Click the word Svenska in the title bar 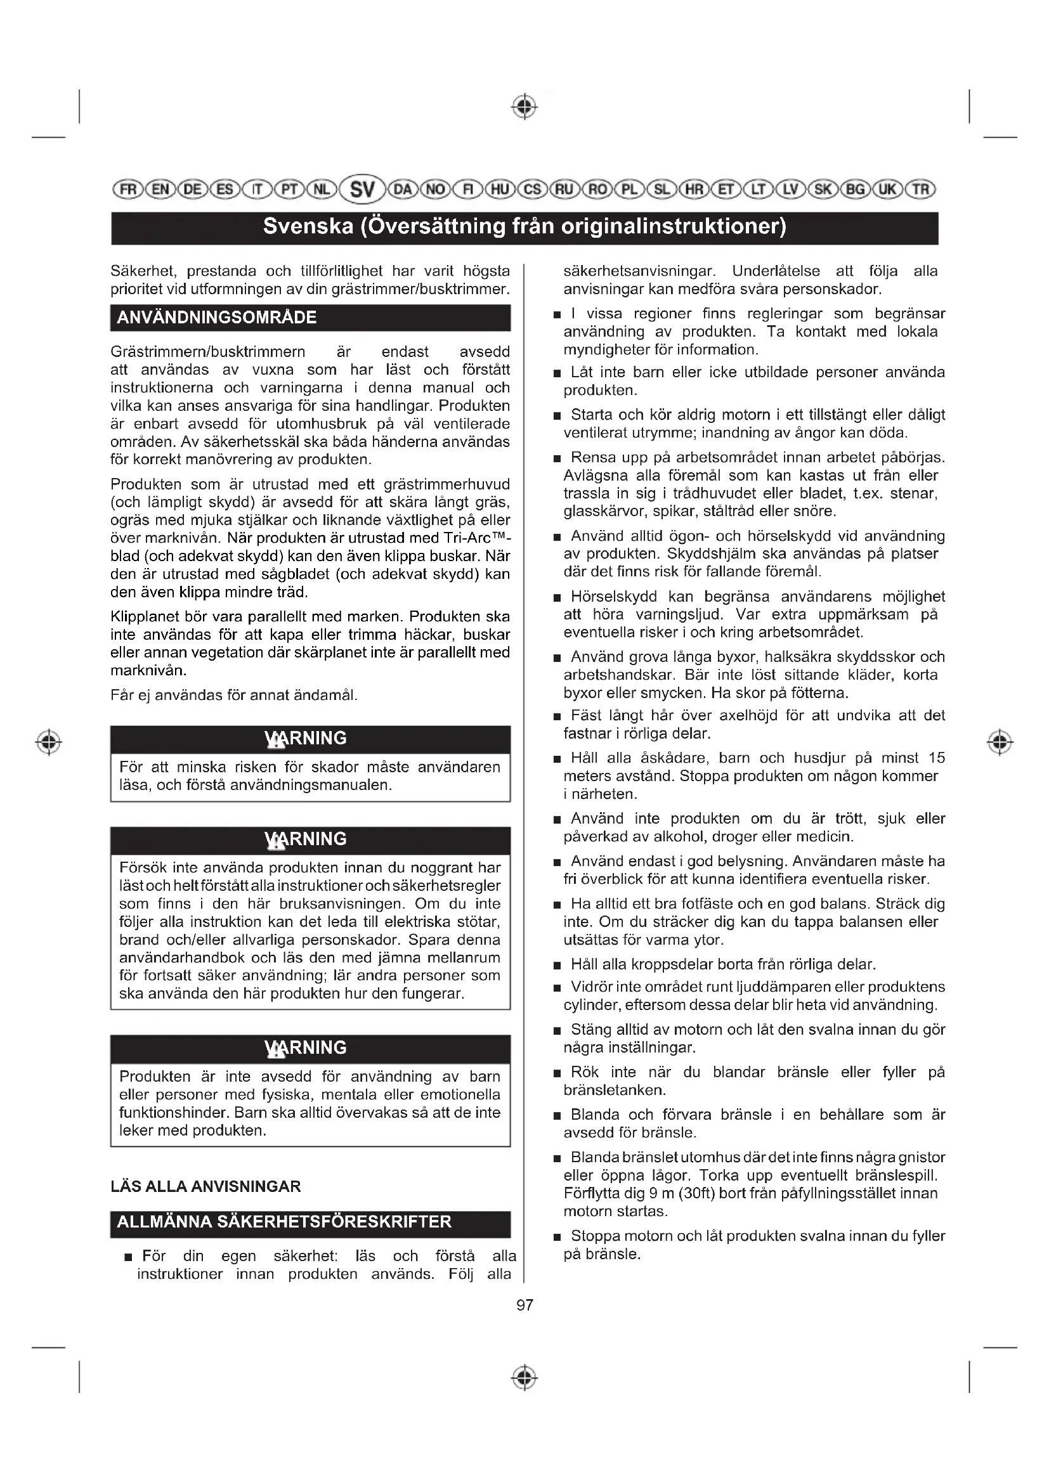[308, 227]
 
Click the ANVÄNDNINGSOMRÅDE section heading [217, 318]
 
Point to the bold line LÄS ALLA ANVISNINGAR [206, 1186]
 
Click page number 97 [524, 1305]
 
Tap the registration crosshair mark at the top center [524, 107]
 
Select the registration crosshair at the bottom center [524, 1378]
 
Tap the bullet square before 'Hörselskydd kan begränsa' [557, 598]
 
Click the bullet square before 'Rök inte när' [557, 1074]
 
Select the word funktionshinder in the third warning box [174, 1112]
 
